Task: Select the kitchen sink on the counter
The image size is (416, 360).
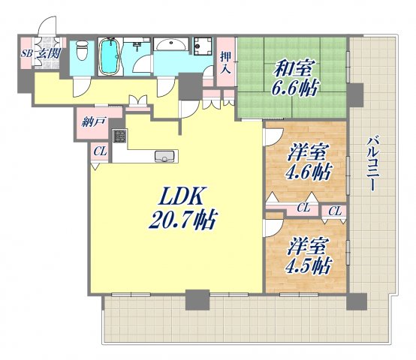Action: (164, 156)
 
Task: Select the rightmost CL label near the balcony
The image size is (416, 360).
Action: (335, 212)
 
